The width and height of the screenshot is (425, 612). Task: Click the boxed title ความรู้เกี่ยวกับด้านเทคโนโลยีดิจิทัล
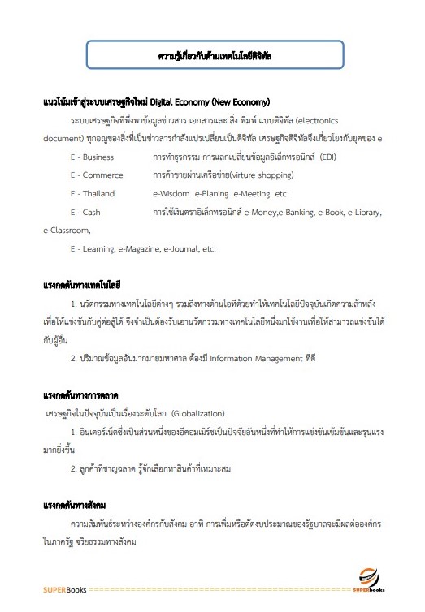click(x=215, y=58)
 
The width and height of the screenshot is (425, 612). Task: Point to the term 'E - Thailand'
click(x=94, y=193)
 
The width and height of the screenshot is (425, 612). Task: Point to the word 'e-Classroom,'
click(x=67, y=231)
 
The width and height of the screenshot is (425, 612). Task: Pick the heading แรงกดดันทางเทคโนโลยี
click(x=82, y=285)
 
